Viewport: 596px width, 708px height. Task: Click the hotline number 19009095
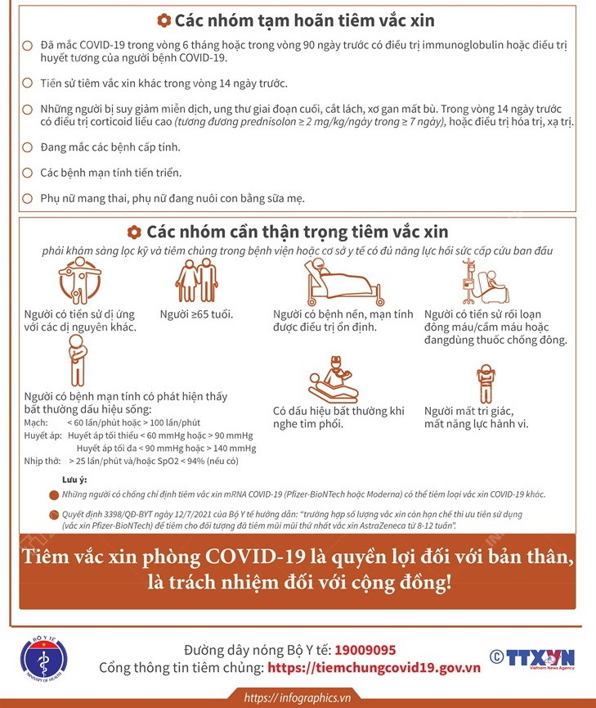pos(365,650)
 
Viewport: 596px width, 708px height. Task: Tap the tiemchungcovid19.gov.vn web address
pos(374,668)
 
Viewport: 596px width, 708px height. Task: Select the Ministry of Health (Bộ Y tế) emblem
pos(44,658)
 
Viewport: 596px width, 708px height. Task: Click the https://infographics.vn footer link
pos(298,697)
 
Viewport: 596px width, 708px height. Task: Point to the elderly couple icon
pos(196,281)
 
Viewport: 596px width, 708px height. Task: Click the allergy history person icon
pos(79,281)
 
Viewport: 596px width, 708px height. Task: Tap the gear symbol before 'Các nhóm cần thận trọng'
pos(135,232)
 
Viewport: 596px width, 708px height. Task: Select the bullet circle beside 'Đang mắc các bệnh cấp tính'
pos(28,147)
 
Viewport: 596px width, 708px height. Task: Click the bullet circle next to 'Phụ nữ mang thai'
pos(28,198)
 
